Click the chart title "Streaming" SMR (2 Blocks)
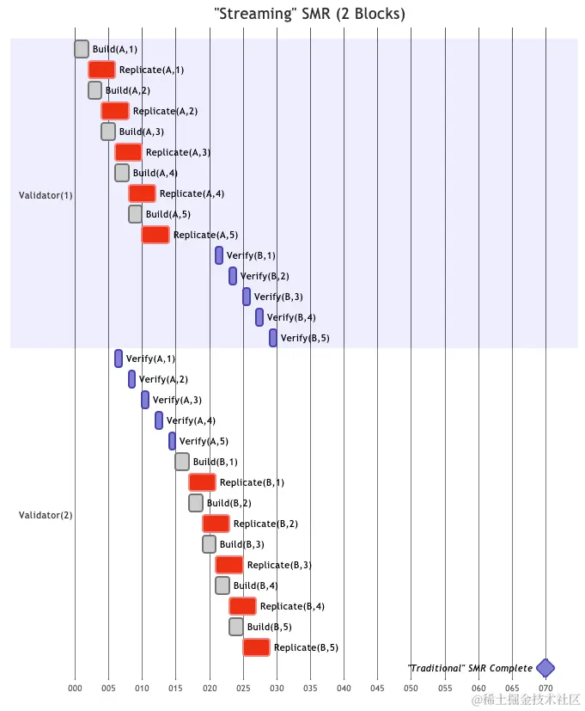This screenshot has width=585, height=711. [x=308, y=14]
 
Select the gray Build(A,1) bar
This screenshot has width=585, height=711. [x=82, y=49]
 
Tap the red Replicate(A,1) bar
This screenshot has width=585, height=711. [x=101, y=70]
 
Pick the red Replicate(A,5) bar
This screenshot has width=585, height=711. [x=155, y=235]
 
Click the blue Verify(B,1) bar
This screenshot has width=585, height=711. [x=219, y=255]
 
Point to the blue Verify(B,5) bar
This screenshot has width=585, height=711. [x=273, y=338]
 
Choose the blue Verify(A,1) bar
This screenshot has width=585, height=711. [x=119, y=359]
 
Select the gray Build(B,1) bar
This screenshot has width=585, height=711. [x=182, y=462]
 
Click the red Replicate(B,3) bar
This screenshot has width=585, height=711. [x=229, y=565]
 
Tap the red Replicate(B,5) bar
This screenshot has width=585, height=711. [x=256, y=647]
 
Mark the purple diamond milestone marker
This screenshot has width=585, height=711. [x=545, y=668]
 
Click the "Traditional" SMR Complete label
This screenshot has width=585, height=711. [x=470, y=668]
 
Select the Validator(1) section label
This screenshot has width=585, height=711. [x=46, y=195]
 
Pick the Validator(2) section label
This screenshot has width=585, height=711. [x=46, y=515]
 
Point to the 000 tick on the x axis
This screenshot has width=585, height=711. [x=75, y=689]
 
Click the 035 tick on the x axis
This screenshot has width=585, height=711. [x=310, y=689]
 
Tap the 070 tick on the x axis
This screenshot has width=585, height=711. [x=545, y=689]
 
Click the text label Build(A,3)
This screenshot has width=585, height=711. [x=141, y=132]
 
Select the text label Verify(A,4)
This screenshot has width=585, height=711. [x=191, y=420]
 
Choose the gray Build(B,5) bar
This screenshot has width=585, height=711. [x=236, y=627]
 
